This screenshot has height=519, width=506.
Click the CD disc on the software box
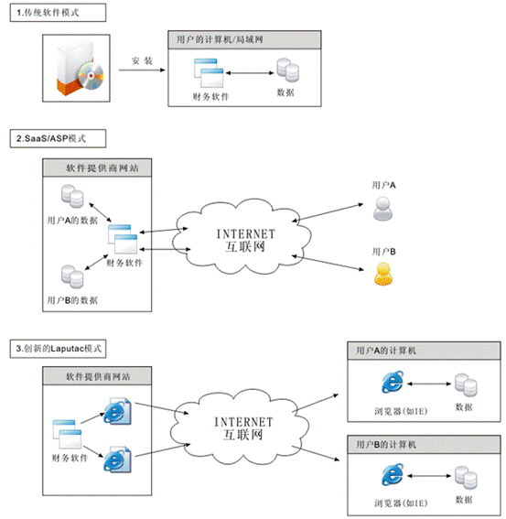91,76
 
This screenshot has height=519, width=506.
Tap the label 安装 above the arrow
142,61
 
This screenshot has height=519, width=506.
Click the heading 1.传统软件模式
48,13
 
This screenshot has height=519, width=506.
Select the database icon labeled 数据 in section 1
288,70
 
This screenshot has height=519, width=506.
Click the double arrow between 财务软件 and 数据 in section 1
250,73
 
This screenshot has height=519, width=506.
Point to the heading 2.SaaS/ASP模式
51,138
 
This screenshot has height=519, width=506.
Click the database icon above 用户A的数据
72,196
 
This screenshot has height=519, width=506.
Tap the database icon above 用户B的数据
72,276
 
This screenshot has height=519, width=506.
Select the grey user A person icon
382,209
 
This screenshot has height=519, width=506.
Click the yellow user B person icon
383,274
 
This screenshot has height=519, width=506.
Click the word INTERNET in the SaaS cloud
245,234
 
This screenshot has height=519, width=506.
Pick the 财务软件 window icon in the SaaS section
123,239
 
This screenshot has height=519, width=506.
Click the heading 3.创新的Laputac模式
59,348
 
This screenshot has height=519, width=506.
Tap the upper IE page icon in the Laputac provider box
118,411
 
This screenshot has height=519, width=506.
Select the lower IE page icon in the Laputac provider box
118,460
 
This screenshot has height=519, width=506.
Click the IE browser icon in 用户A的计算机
393,382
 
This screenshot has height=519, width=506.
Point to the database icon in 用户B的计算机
466,477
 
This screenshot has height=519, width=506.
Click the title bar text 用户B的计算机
386,444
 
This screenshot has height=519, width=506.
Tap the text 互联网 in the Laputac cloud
243,435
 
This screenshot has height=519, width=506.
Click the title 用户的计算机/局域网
220,39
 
